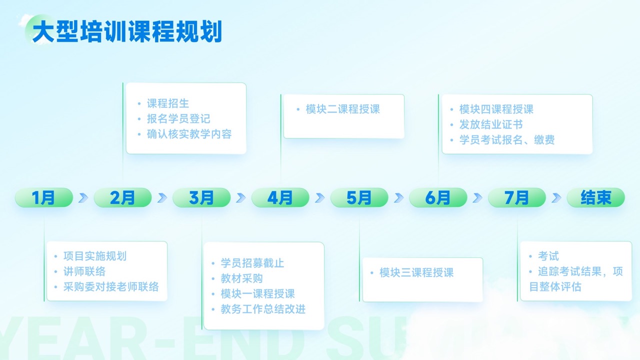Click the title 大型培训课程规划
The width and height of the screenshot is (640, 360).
coord(127,31)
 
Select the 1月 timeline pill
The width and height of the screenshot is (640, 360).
coord(44,197)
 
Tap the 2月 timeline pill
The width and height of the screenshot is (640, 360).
coord(123,197)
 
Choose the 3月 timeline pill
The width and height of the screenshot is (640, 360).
coord(201,197)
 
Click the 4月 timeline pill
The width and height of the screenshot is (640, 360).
coord(280,197)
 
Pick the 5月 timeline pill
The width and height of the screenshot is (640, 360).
coord(359,197)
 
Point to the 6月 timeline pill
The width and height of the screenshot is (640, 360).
coord(438,197)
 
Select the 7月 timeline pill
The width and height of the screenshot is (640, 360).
coord(517,197)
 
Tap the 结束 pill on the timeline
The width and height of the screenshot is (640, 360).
coord(596,197)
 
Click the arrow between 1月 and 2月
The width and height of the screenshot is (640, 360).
coord(83,197)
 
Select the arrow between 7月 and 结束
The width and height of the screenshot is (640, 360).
coord(556,197)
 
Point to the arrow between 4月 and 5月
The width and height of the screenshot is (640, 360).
coord(320,197)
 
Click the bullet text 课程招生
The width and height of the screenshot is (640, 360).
coord(168,103)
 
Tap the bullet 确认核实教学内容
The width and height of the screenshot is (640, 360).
coord(189,134)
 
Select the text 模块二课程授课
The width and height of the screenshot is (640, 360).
coord(343,109)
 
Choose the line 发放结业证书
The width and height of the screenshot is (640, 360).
coord(491,124)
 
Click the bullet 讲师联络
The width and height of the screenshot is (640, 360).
coord(84,271)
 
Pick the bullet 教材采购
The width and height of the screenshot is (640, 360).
coord(241,278)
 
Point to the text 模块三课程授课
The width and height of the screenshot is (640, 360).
coord(416,272)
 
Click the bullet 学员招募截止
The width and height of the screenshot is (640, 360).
coord(252,263)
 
